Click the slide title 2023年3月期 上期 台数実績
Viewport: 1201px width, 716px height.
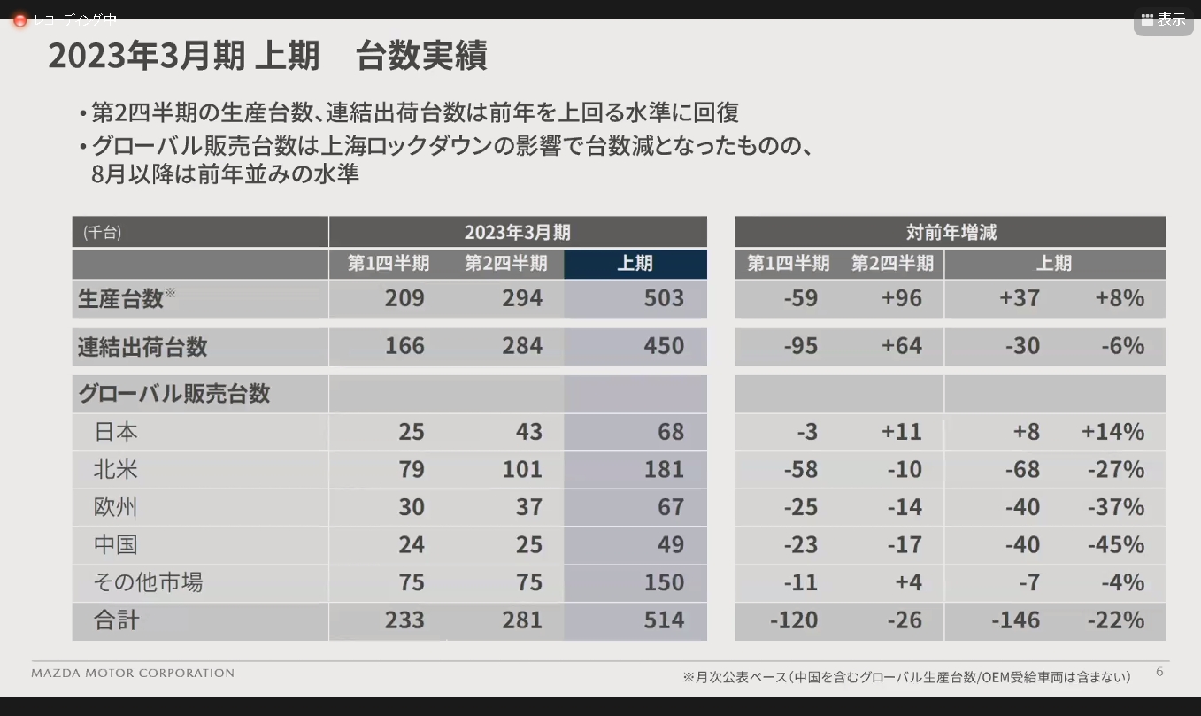(x=267, y=57)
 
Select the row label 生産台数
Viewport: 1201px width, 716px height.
(x=121, y=299)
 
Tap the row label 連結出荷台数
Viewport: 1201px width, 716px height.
(x=142, y=347)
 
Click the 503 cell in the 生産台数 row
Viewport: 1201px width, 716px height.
(x=664, y=298)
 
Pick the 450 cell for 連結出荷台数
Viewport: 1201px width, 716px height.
(x=664, y=346)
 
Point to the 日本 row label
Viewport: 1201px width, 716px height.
(x=116, y=432)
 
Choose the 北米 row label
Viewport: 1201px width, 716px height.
(x=116, y=469)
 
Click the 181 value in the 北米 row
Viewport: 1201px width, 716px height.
(x=664, y=469)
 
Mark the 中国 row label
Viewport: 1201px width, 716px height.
(x=116, y=544)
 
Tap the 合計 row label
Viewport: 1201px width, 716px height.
(x=116, y=620)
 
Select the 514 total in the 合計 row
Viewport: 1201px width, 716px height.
(x=664, y=620)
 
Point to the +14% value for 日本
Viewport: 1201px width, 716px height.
(x=1112, y=432)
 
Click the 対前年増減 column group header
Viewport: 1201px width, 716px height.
(x=951, y=233)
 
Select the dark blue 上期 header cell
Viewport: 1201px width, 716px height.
(x=635, y=264)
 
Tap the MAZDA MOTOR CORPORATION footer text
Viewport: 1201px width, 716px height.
(x=133, y=674)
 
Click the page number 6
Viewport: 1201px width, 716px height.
(x=1159, y=672)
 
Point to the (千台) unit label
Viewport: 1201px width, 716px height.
(x=102, y=233)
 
